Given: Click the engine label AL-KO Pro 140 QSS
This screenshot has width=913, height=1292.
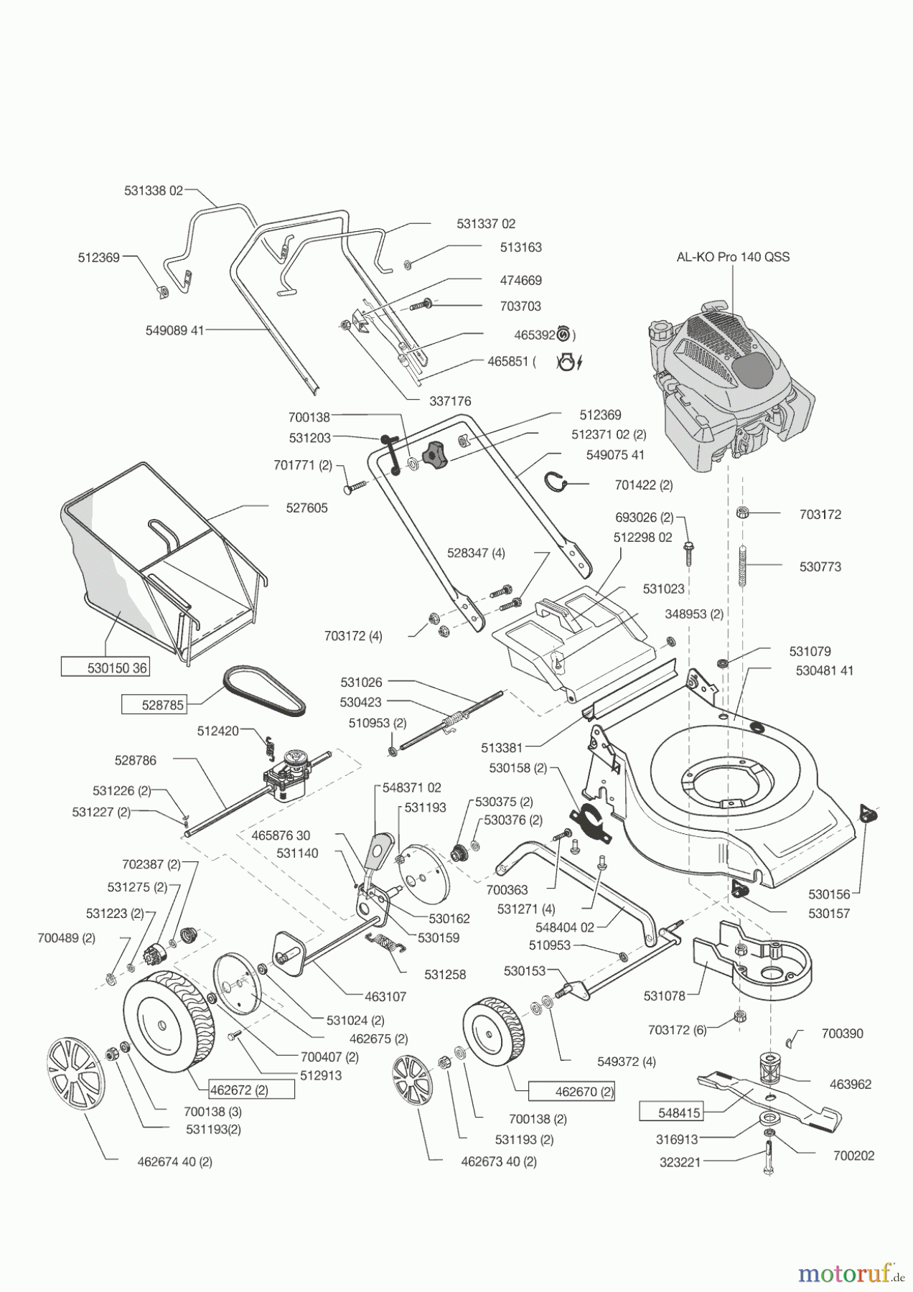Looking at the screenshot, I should (x=733, y=257).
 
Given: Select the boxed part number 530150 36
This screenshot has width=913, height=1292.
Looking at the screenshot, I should (x=104, y=668).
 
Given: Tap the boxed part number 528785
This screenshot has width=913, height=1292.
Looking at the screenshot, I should (x=154, y=705).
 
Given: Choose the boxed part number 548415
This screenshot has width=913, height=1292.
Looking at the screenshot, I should (x=670, y=1112).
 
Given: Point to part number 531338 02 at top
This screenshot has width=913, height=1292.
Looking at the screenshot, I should (x=154, y=191).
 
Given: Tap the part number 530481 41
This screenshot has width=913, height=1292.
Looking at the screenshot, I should (x=825, y=670).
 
